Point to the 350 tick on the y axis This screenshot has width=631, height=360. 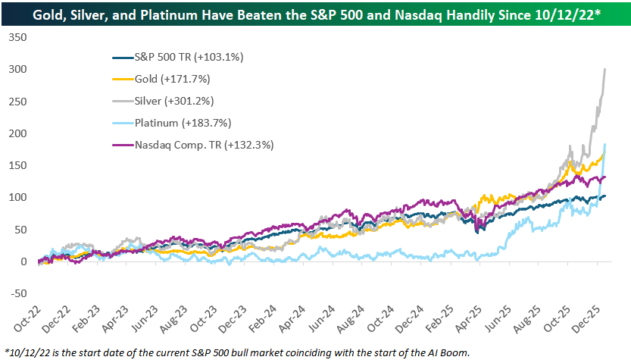17,37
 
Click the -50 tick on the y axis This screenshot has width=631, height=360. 17,294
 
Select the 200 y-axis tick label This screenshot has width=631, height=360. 17,133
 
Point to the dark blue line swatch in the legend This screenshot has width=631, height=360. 120,58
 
